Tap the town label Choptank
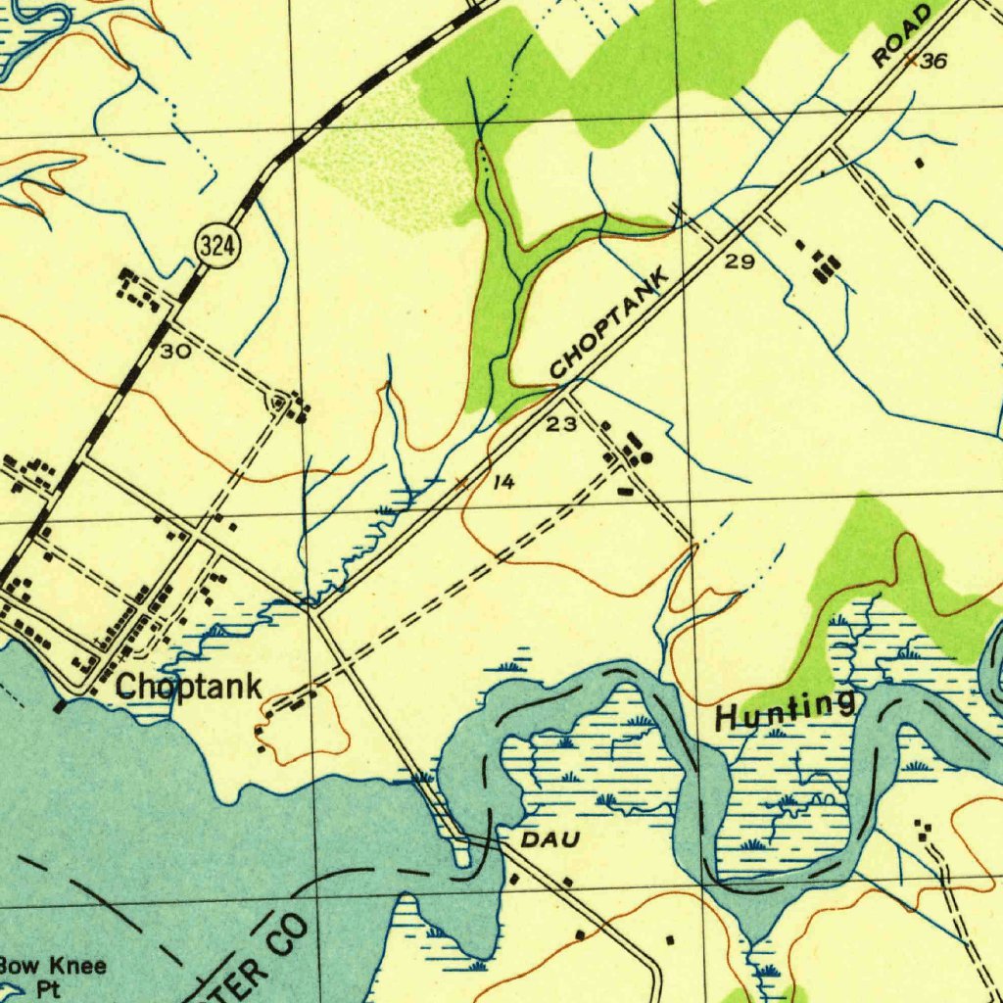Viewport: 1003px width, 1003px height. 188,687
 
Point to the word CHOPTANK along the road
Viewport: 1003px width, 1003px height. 609,322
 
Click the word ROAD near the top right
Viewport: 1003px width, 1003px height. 902,35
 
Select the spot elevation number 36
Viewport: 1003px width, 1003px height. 934,62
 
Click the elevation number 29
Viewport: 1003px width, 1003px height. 740,262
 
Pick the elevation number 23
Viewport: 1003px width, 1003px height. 561,423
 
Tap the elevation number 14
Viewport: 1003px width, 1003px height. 503,482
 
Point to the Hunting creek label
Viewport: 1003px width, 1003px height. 785,708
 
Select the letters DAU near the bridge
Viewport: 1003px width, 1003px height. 549,839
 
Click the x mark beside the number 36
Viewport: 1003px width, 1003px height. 910,60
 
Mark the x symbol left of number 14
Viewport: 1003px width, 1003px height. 462,481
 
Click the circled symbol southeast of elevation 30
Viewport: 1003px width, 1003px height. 280,403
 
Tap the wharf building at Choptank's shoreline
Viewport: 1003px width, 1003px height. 60,704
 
